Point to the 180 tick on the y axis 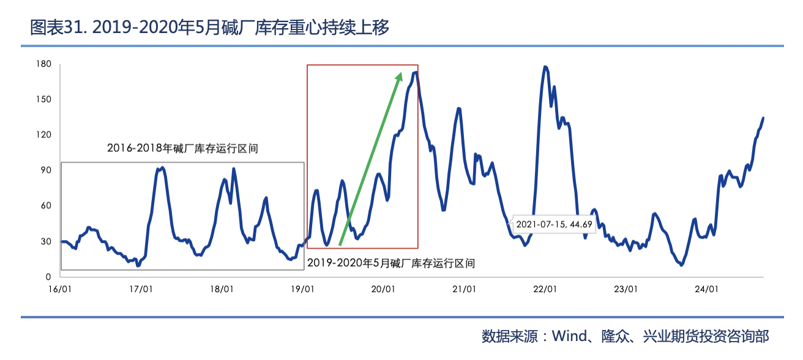pyautogui.click(x=43, y=64)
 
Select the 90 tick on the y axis pyautogui.click(x=45, y=170)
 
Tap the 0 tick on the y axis pyautogui.click(x=48, y=277)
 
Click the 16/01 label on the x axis pyautogui.click(x=59, y=289)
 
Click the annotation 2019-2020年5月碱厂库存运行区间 pyautogui.click(x=391, y=263)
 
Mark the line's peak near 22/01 pyautogui.click(x=545, y=67)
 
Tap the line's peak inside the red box pyautogui.click(x=415, y=73)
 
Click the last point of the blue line pyautogui.click(x=763, y=118)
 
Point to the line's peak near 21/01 pyautogui.click(x=458, y=108)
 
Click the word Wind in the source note pyautogui.click(x=569, y=336)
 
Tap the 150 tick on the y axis pyautogui.click(x=43, y=99)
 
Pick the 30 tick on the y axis pyautogui.click(x=45, y=241)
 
